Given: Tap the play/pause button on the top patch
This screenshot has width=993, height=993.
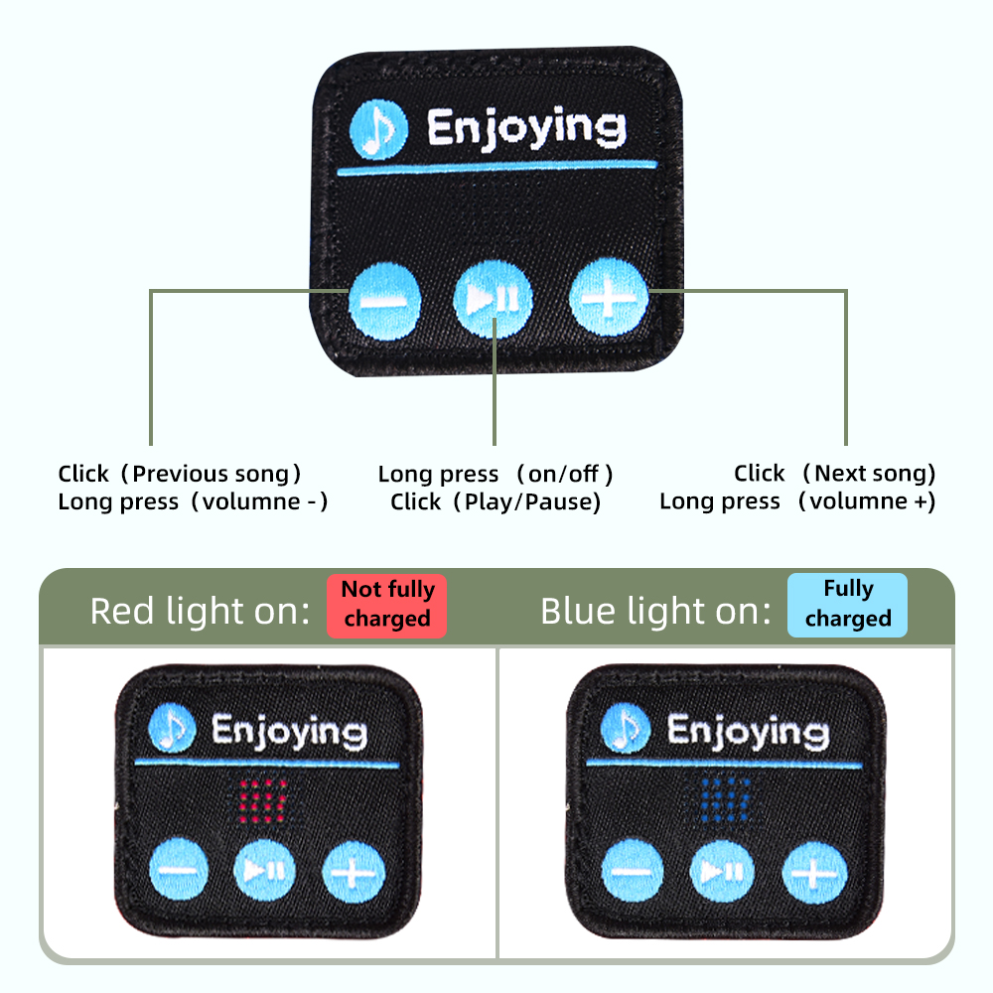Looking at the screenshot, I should (x=493, y=299).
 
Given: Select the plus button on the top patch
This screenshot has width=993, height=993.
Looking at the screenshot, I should (x=608, y=297).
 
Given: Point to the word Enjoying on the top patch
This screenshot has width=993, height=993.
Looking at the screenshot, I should (x=525, y=129).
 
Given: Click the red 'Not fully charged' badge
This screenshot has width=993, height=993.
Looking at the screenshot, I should (x=387, y=604).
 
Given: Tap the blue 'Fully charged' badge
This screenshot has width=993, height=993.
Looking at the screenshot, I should (x=847, y=604).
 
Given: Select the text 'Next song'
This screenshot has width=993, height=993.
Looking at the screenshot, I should (x=869, y=474).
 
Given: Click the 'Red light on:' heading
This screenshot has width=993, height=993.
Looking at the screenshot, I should (x=200, y=611).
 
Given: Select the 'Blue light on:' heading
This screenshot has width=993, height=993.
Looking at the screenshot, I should (x=655, y=611).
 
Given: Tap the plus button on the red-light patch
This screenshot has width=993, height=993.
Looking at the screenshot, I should (x=353, y=873).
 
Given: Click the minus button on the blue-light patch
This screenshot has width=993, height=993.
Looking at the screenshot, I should (x=633, y=871).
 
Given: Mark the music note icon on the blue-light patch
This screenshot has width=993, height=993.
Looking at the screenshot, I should (x=626, y=731).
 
